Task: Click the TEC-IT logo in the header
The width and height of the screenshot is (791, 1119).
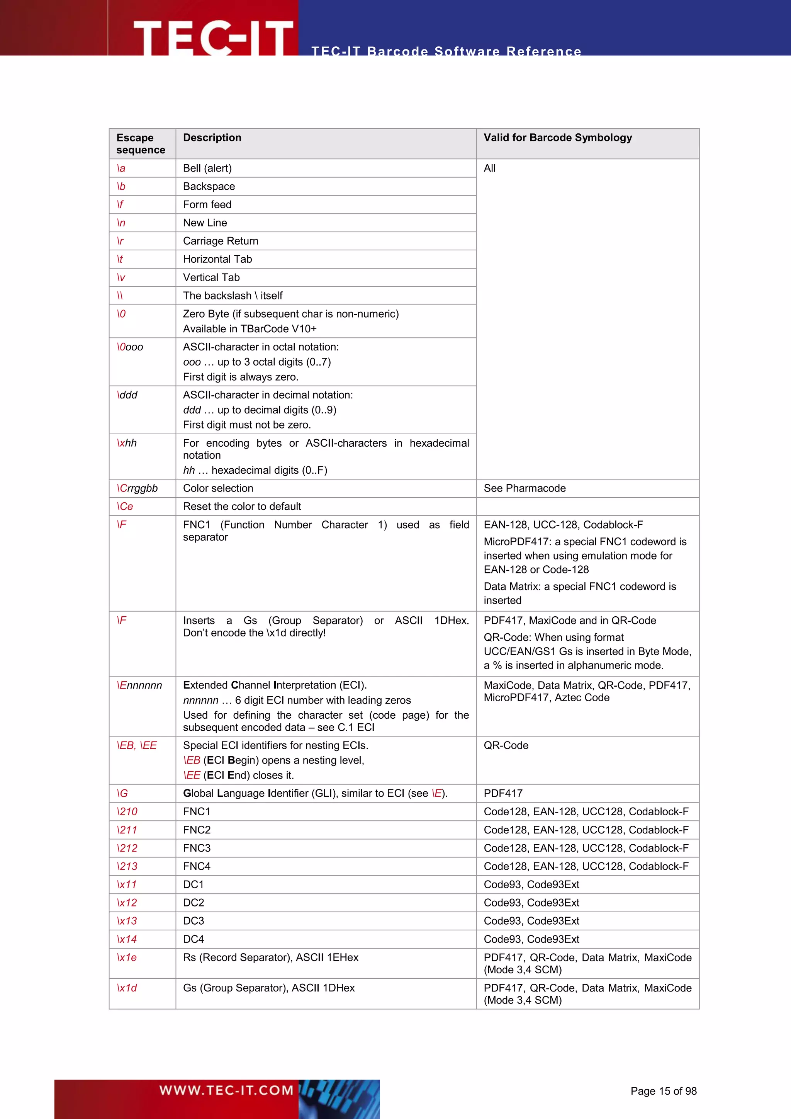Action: pyautogui.click(x=213, y=38)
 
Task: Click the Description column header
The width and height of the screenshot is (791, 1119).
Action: pyautogui.click(x=212, y=138)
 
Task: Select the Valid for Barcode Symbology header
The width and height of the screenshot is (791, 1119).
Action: pyautogui.click(x=557, y=138)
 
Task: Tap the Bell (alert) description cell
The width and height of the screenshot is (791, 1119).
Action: pyautogui.click(x=207, y=168)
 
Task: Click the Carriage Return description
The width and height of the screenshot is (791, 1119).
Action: pyautogui.click(x=220, y=241)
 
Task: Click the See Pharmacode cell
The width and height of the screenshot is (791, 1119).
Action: pyautogui.click(x=524, y=488)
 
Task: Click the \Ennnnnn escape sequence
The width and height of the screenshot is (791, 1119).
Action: pyautogui.click(x=139, y=685)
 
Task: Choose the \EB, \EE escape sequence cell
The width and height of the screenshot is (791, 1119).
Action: pyautogui.click(x=136, y=745)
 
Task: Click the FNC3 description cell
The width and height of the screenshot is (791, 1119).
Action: pyautogui.click(x=197, y=848)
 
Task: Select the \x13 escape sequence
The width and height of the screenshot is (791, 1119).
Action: pyautogui.click(x=127, y=921)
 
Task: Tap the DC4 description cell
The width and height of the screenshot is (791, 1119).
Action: pyautogui.click(x=194, y=939)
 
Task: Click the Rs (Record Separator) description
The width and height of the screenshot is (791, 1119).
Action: pyautogui.click(x=270, y=957)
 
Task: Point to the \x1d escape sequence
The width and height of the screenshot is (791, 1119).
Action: pyautogui.click(x=127, y=988)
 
